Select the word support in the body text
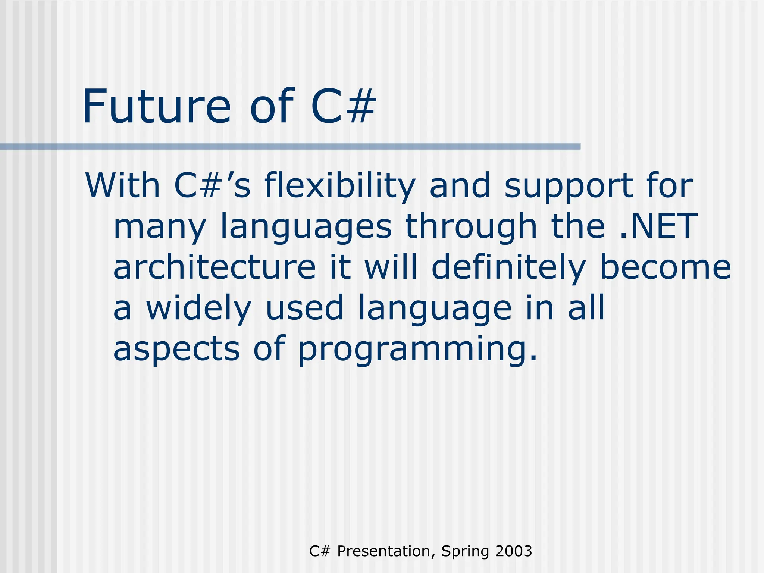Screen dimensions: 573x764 click(x=568, y=187)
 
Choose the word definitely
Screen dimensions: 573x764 click(x=508, y=268)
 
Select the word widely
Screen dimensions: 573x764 click(x=198, y=308)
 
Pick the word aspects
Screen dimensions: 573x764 click(x=176, y=349)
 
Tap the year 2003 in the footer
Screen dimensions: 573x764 click(x=514, y=551)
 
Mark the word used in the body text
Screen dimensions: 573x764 click(x=304, y=308)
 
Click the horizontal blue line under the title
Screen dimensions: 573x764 click(x=290, y=147)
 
